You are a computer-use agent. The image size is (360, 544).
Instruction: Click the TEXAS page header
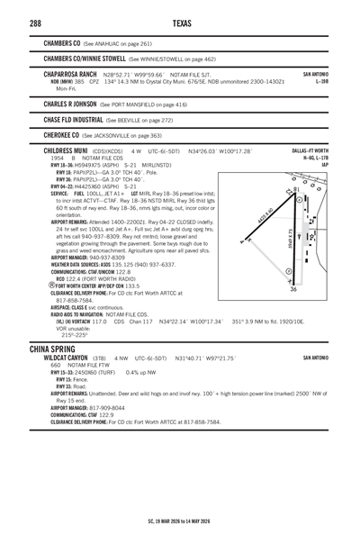point(179,21)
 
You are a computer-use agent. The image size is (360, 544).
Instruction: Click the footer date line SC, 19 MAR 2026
point(180,520)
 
